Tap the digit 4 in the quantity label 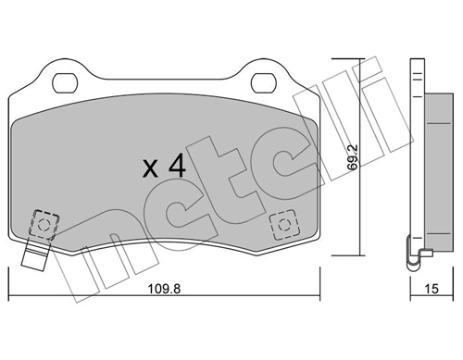[177, 168]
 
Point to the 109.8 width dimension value [165, 289]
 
